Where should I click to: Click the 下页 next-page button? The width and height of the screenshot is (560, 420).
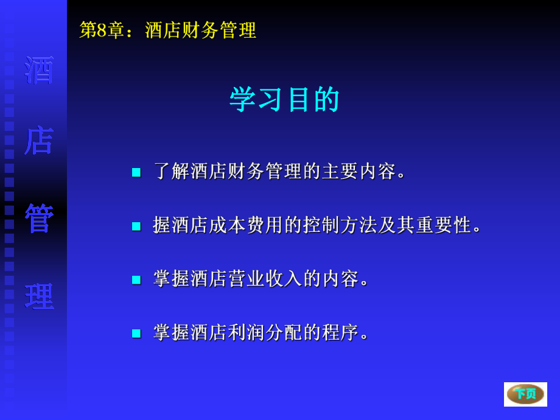525,394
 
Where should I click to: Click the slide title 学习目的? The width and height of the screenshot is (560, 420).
284,99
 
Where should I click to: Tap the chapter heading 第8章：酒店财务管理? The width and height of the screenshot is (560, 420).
168,30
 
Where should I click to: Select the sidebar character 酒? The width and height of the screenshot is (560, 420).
40,71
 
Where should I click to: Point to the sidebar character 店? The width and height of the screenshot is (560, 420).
40,141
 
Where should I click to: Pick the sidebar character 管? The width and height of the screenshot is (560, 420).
40,219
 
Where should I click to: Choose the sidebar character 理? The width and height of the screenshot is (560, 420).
40,297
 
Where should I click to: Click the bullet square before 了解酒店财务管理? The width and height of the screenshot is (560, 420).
136,172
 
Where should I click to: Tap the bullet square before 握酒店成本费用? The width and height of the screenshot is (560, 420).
136,226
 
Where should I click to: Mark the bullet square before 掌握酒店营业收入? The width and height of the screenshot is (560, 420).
136,280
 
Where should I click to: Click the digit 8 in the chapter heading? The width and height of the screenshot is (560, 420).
102,30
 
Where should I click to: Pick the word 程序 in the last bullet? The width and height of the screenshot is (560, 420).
341,332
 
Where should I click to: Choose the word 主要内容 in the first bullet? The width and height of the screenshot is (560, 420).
359,171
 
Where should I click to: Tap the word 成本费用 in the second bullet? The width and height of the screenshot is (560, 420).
247,225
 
